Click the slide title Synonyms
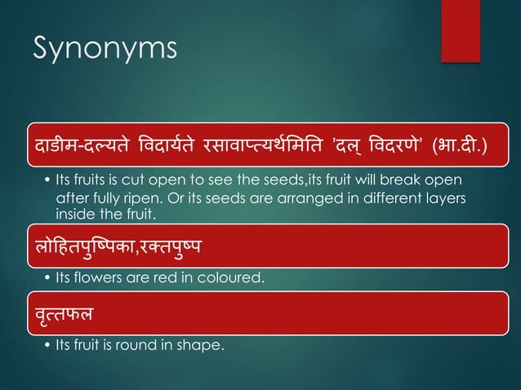click(105, 50)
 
